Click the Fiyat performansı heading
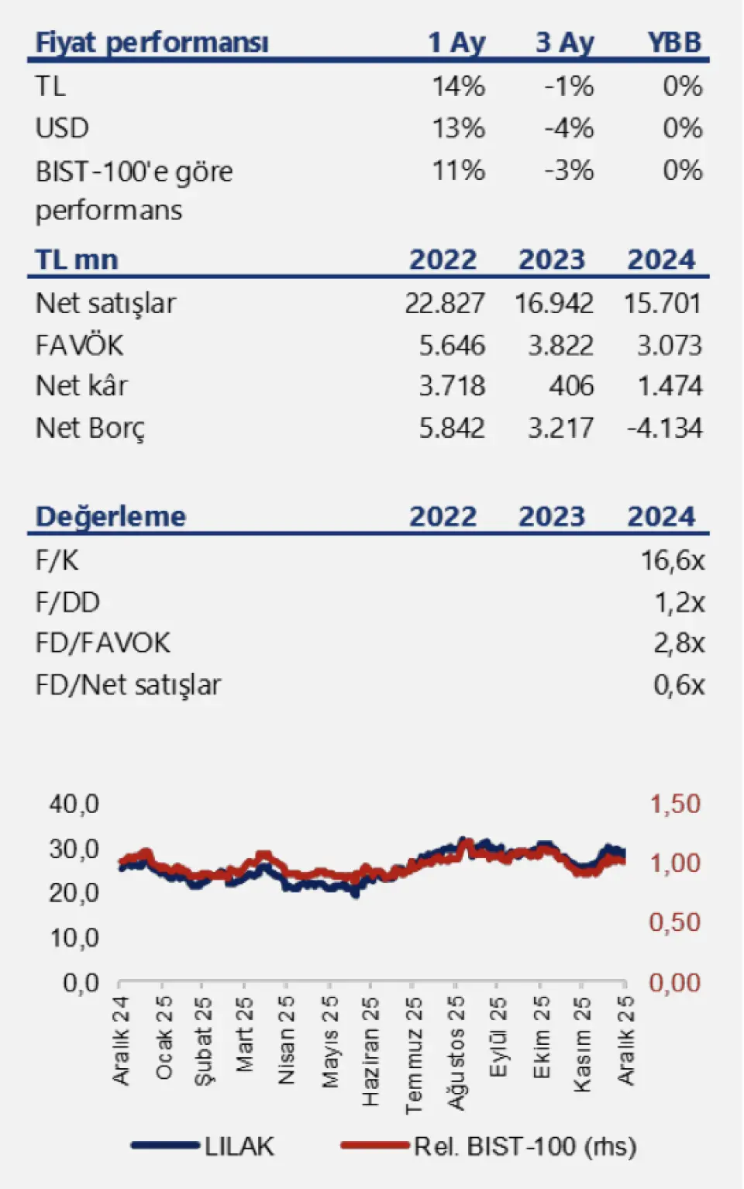coord(152,43)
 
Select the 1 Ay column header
coord(456,43)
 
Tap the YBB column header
coord(674,43)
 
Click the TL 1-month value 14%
coord(458,86)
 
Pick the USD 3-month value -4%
coord(569,128)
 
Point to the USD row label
coord(62,128)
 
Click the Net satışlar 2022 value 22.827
coord(445,303)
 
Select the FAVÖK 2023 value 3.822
coord(560,345)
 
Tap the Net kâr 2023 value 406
coord(571,386)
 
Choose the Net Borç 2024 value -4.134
coord(664,428)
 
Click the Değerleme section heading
coord(111,516)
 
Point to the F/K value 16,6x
coord(672,560)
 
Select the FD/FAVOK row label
coord(102,643)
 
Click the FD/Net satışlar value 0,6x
coord(679,684)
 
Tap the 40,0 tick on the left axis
coord(74,804)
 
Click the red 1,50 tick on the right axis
coord(674,804)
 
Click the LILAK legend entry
coord(239,1146)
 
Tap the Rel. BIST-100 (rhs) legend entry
coord(525,1146)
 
